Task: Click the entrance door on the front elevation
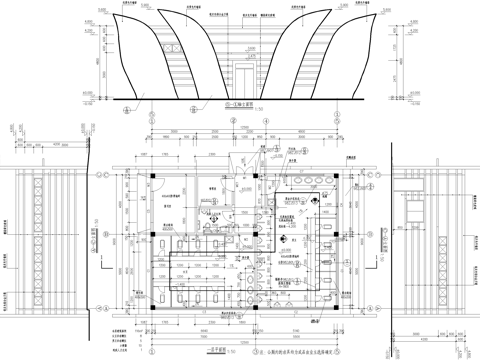244,79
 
